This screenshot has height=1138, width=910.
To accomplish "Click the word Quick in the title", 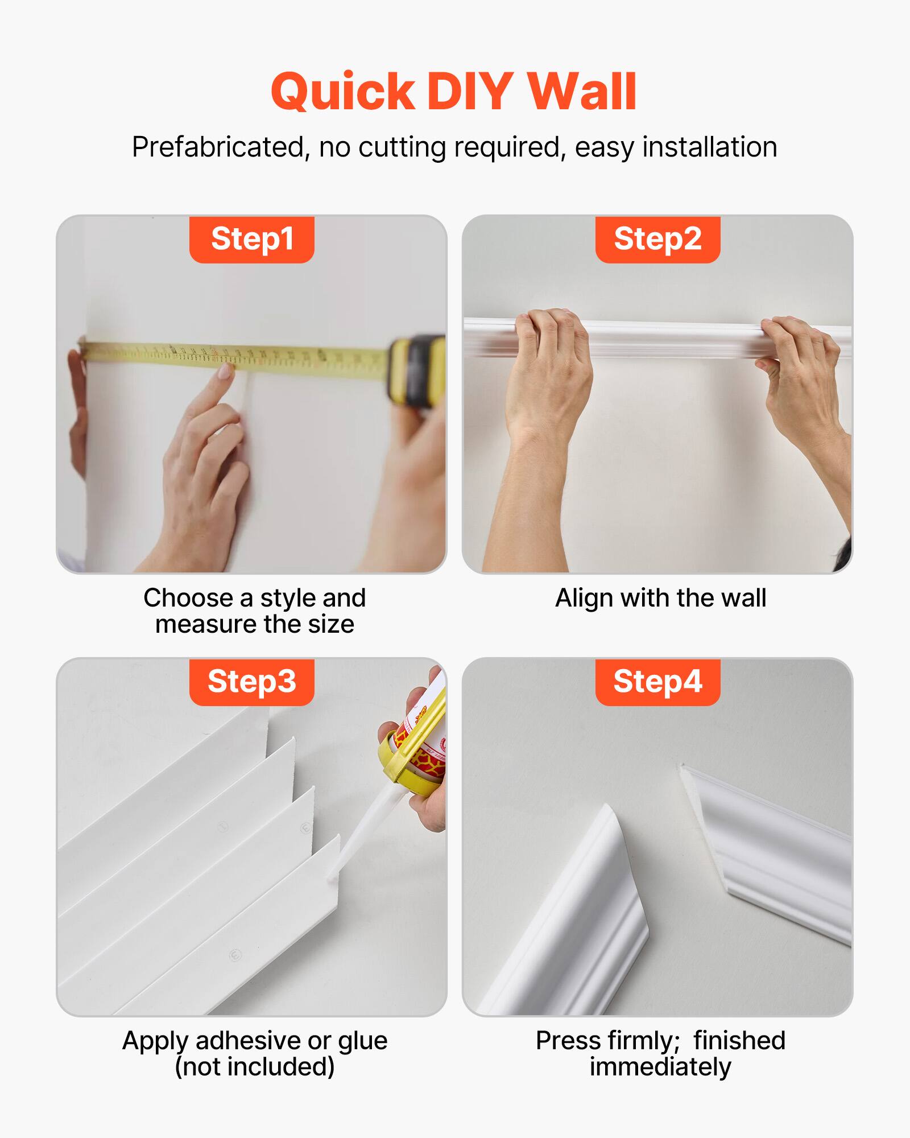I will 343,93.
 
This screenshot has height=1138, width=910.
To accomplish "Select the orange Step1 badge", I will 252,239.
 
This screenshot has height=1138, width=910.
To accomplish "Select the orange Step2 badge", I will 657,239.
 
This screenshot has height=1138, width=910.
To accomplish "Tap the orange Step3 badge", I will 252,682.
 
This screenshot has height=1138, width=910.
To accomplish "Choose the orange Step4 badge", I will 657,682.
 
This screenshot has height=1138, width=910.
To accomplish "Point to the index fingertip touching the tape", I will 226,371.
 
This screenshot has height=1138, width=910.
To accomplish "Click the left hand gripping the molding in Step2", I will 549,364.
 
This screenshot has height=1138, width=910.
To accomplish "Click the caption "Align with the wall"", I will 660,599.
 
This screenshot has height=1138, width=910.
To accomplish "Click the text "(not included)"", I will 254,1067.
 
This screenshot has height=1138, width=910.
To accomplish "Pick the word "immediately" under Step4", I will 660,1067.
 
